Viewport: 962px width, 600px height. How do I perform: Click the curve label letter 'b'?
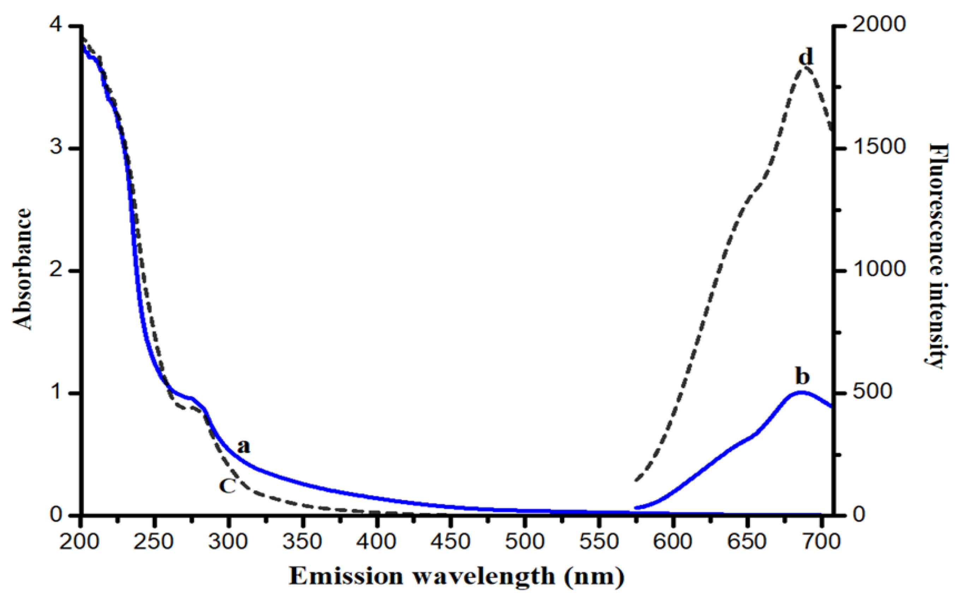coord(802,377)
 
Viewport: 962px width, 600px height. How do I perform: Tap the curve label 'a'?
coord(243,447)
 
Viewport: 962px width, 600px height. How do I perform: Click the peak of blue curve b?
coord(801,392)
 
